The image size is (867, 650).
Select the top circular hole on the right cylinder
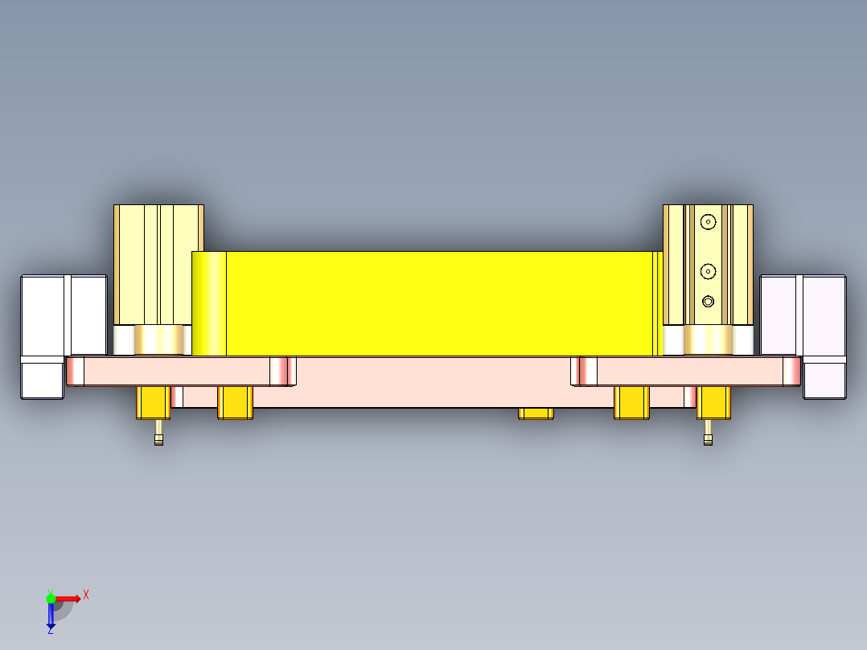(x=708, y=221)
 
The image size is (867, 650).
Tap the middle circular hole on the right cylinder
(x=708, y=270)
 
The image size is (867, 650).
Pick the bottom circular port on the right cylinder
(x=708, y=302)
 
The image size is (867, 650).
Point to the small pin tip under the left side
(x=158, y=440)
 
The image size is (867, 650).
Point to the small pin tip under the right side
(x=708, y=440)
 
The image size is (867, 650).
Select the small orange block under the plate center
(x=536, y=413)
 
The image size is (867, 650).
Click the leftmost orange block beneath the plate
(x=153, y=402)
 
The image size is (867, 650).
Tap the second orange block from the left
(x=236, y=402)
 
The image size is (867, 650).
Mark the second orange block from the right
(x=631, y=402)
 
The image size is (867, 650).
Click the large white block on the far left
(x=63, y=315)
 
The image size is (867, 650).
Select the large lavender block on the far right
(x=803, y=315)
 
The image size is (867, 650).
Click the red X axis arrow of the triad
(x=71, y=598)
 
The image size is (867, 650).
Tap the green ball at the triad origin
(x=51, y=598)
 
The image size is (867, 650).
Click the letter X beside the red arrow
(x=86, y=594)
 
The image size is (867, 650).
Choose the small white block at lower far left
(x=42, y=377)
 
